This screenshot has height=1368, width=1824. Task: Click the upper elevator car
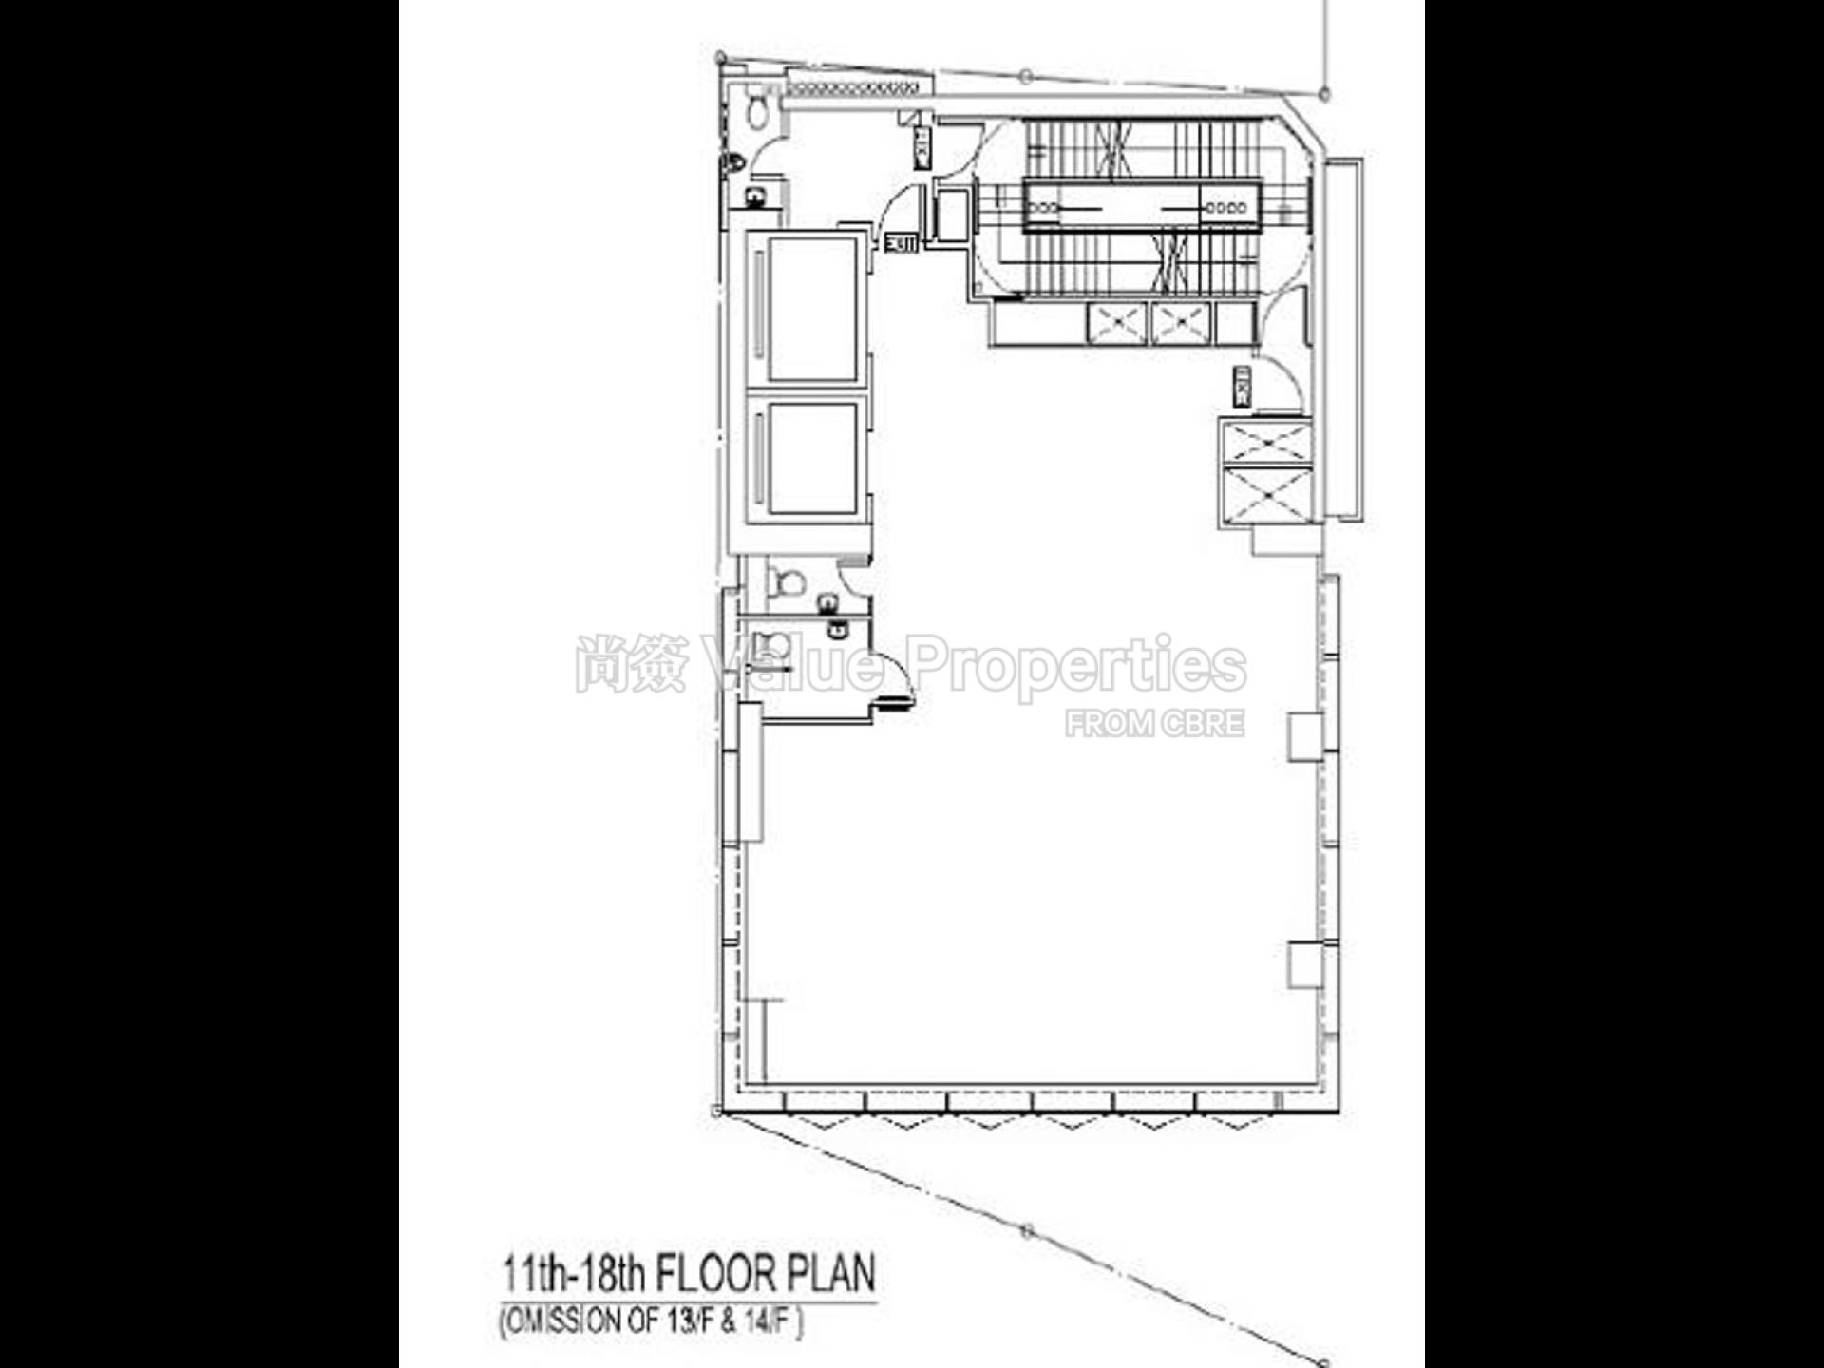click(x=813, y=309)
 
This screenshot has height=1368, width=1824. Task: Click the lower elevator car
click(x=813, y=459)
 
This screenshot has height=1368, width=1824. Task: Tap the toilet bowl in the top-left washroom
click(x=757, y=111)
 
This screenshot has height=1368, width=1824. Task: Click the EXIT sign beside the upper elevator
click(x=901, y=243)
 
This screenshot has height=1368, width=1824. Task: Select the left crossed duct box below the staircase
click(x=1116, y=323)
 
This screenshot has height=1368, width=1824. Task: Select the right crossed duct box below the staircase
click(x=1181, y=323)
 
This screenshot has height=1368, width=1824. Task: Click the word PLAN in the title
click(x=840, y=1273)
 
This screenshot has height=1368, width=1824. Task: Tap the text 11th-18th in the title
click(x=573, y=1273)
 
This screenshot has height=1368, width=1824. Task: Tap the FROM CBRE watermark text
click(x=1154, y=724)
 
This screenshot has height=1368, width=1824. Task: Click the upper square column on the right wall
click(x=1304, y=736)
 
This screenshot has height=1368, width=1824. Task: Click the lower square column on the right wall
click(x=1304, y=964)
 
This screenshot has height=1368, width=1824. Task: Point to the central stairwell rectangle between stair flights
click(x=1142, y=206)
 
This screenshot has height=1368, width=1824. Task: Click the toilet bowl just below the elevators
click(x=785, y=581)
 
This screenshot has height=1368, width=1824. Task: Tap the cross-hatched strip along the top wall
click(x=852, y=88)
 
